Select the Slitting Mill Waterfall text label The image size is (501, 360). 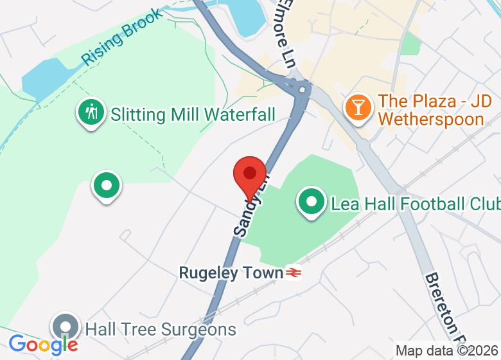(193, 115)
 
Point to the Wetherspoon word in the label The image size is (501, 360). (431, 119)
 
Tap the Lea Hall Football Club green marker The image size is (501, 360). (312, 203)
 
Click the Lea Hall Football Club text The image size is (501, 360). (415, 204)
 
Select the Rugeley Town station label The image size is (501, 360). (231, 273)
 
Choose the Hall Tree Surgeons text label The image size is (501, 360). (161, 330)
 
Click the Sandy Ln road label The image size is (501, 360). (251, 206)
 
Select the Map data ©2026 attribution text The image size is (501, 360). (447, 351)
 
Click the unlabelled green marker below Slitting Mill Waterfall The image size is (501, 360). (107, 186)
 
